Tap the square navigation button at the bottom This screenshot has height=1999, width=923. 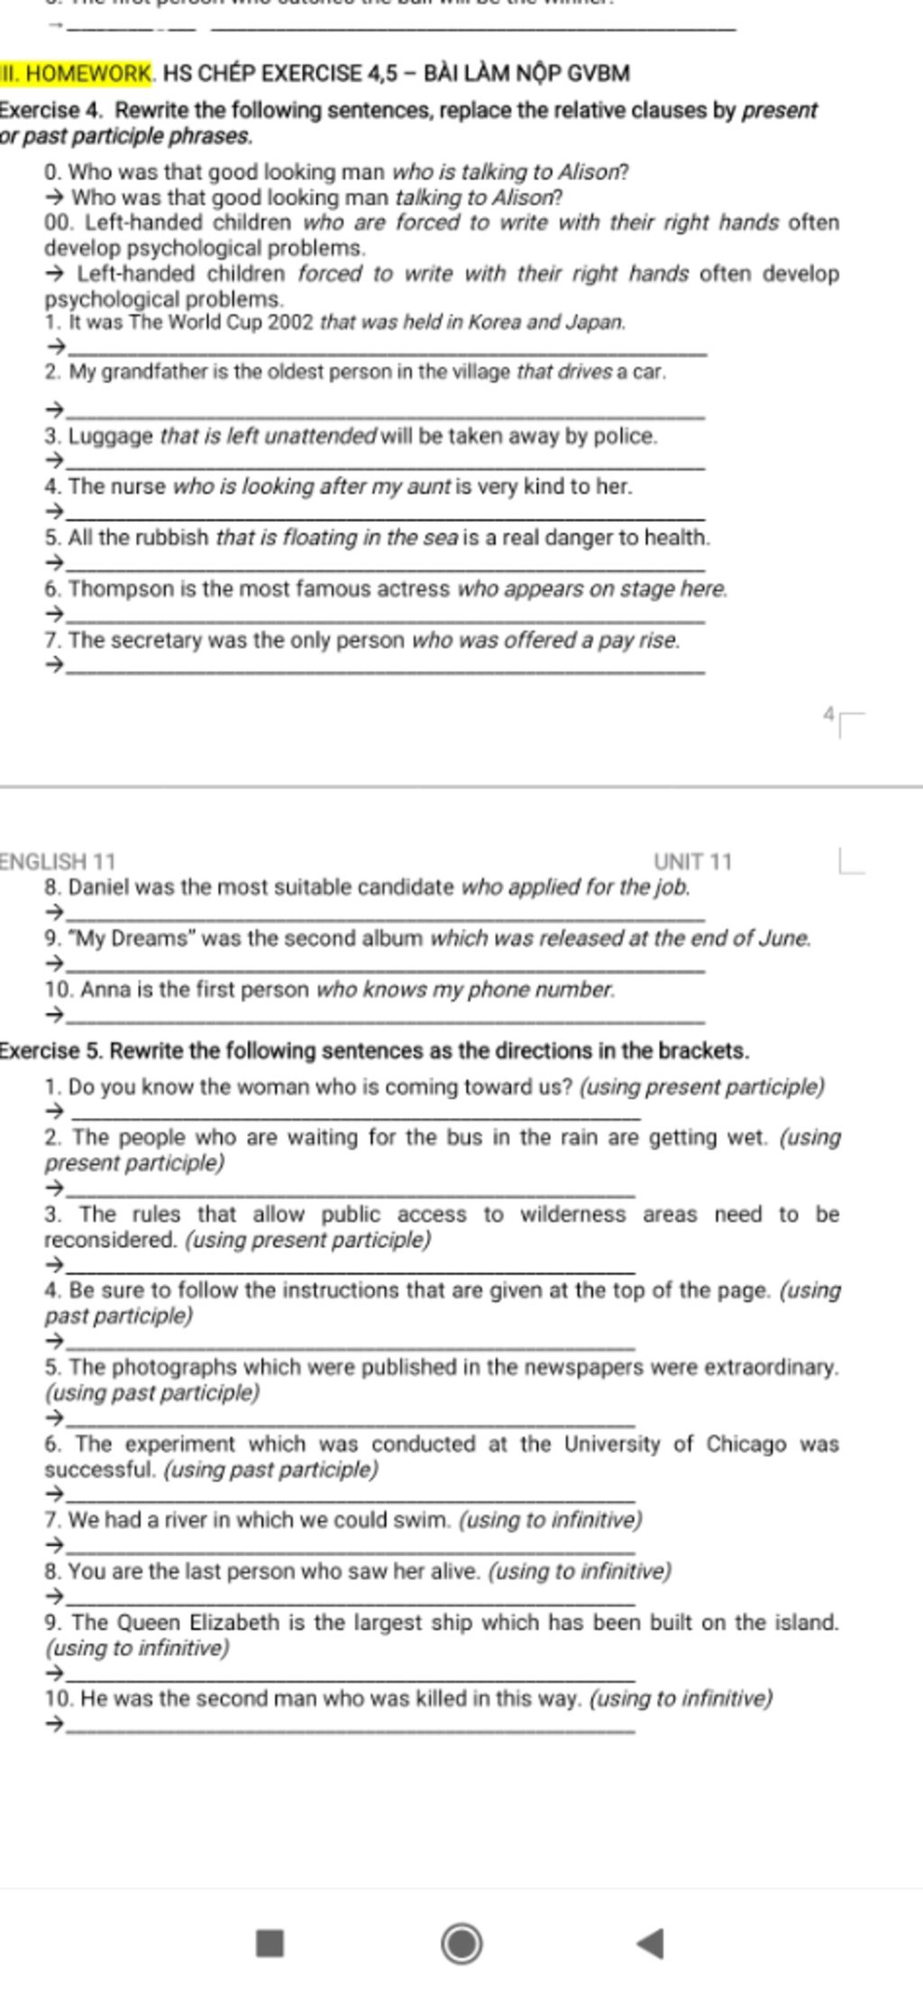pos(270,1942)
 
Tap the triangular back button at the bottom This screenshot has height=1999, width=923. pos(651,1943)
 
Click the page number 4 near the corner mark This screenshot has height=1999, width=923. pos(828,714)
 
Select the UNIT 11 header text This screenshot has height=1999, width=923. pos(692,861)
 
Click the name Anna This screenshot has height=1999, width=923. pos(105,989)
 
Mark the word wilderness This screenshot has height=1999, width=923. pos(572,1214)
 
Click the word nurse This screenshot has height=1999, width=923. pos(138,487)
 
